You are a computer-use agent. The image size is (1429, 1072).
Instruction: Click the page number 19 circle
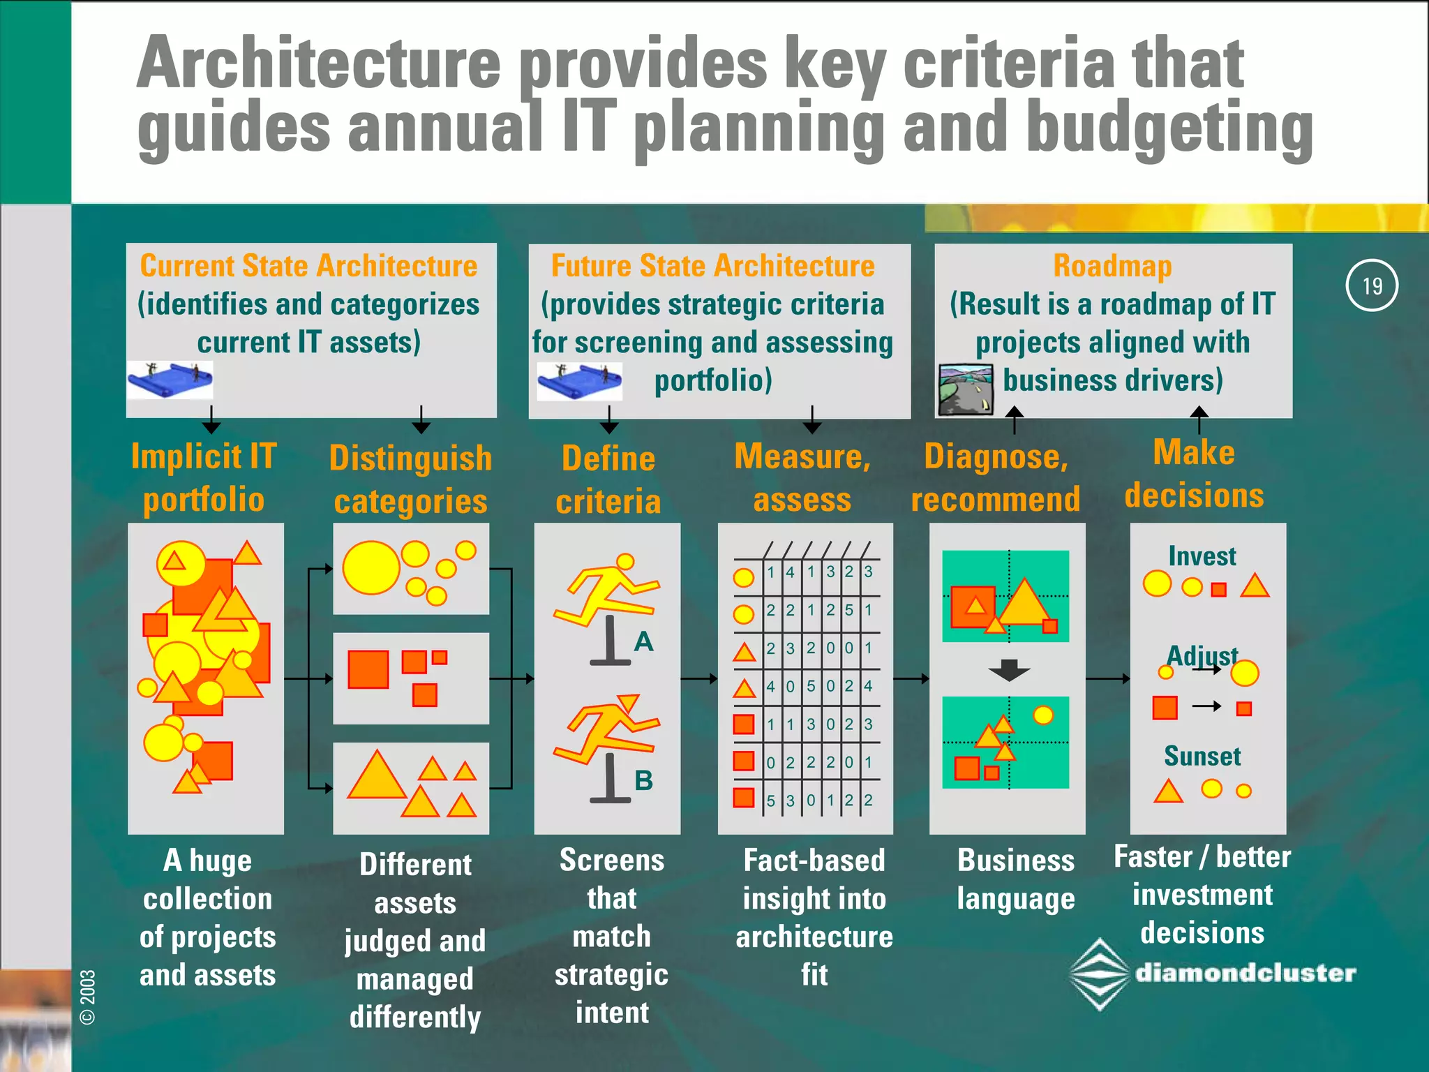(x=1371, y=285)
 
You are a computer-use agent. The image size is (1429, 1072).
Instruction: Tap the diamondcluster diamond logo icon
(x=1100, y=974)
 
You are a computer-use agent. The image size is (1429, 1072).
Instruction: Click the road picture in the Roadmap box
(x=966, y=389)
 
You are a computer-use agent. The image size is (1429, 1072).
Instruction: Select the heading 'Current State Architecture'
(x=308, y=266)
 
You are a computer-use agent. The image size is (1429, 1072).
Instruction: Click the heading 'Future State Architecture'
(x=712, y=266)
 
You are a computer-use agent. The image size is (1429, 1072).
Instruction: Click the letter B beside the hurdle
(x=643, y=780)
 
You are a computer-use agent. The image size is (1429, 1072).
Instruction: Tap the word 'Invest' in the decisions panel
(x=1202, y=556)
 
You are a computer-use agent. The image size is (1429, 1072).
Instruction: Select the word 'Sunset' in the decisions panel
(x=1202, y=756)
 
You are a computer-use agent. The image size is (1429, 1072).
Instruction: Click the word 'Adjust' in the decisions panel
(x=1202, y=655)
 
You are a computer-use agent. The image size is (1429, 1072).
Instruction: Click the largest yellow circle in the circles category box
(x=371, y=568)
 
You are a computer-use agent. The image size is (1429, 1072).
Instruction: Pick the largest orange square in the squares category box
(x=368, y=669)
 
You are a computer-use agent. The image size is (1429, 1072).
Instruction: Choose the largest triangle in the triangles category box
(x=377, y=776)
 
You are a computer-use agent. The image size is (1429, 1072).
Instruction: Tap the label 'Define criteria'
(x=608, y=479)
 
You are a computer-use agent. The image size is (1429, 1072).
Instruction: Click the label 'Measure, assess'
(x=802, y=478)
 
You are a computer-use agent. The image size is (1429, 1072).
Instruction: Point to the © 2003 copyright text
(x=88, y=997)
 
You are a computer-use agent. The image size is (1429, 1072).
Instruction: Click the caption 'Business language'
(x=1016, y=879)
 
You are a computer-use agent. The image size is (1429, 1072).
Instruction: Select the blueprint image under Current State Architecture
(x=170, y=380)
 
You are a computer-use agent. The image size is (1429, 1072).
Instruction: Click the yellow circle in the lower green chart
(x=1042, y=715)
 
